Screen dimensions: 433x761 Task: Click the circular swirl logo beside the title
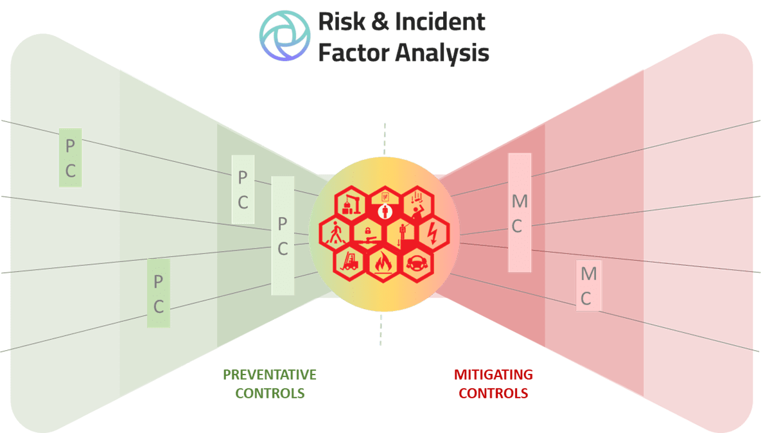coord(284,35)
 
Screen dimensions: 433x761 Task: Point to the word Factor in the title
coord(353,53)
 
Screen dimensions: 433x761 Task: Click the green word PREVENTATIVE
coord(269,375)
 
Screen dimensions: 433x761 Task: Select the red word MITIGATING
coord(493,375)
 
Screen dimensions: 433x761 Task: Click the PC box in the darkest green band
coord(70,158)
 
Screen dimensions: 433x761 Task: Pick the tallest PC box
coord(283,236)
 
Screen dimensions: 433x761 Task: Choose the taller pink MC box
coord(520,213)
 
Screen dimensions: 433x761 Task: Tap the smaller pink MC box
coord(588,286)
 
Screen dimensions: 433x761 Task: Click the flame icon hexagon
coord(384,262)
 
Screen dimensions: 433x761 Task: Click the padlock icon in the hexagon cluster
coord(368,229)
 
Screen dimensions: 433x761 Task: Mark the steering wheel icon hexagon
coord(417,261)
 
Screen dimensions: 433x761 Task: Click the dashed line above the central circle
coord(385,138)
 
